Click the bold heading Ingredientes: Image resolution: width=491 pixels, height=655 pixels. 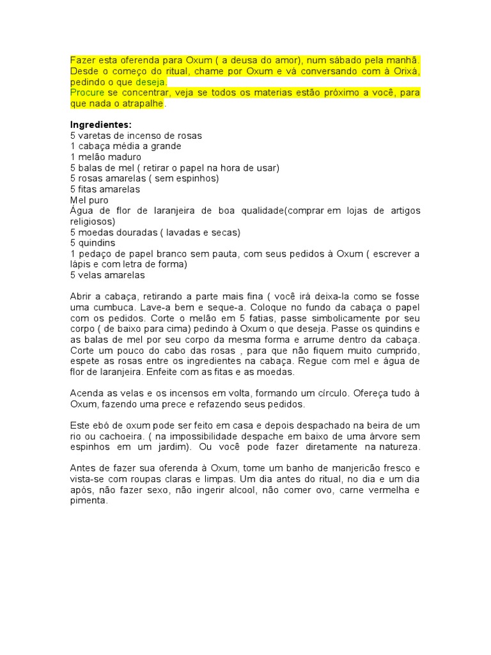[100, 125]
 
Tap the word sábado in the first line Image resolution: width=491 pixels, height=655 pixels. [350, 60]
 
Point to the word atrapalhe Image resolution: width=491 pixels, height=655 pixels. [144, 104]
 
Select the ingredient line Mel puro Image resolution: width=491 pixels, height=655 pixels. [90, 200]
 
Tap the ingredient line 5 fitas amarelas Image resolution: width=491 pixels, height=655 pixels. [105, 189]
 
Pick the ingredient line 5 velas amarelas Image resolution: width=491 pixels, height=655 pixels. [107, 275]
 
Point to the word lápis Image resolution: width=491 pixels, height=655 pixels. [81, 264]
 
